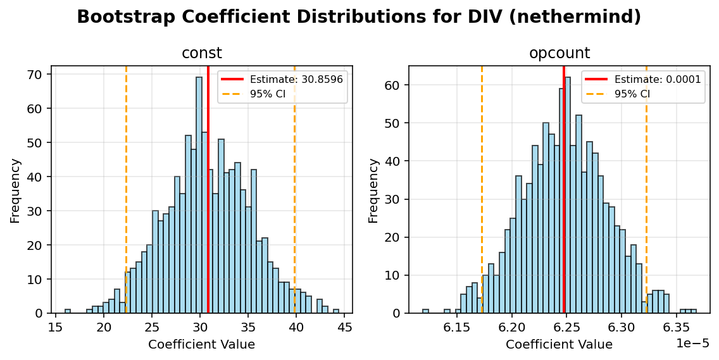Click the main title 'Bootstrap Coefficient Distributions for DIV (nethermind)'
pyautogui.click(x=359, y=17)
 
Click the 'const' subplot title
pyautogui.click(x=201, y=54)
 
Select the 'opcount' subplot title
pyautogui.click(x=559, y=54)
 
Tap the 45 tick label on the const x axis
pyautogui.click(x=345, y=327)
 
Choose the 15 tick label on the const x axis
pyautogui.click(x=56, y=327)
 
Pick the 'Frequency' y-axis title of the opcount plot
pyautogui.click(x=373, y=190)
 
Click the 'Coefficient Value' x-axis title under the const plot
pyautogui.click(x=201, y=345)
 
